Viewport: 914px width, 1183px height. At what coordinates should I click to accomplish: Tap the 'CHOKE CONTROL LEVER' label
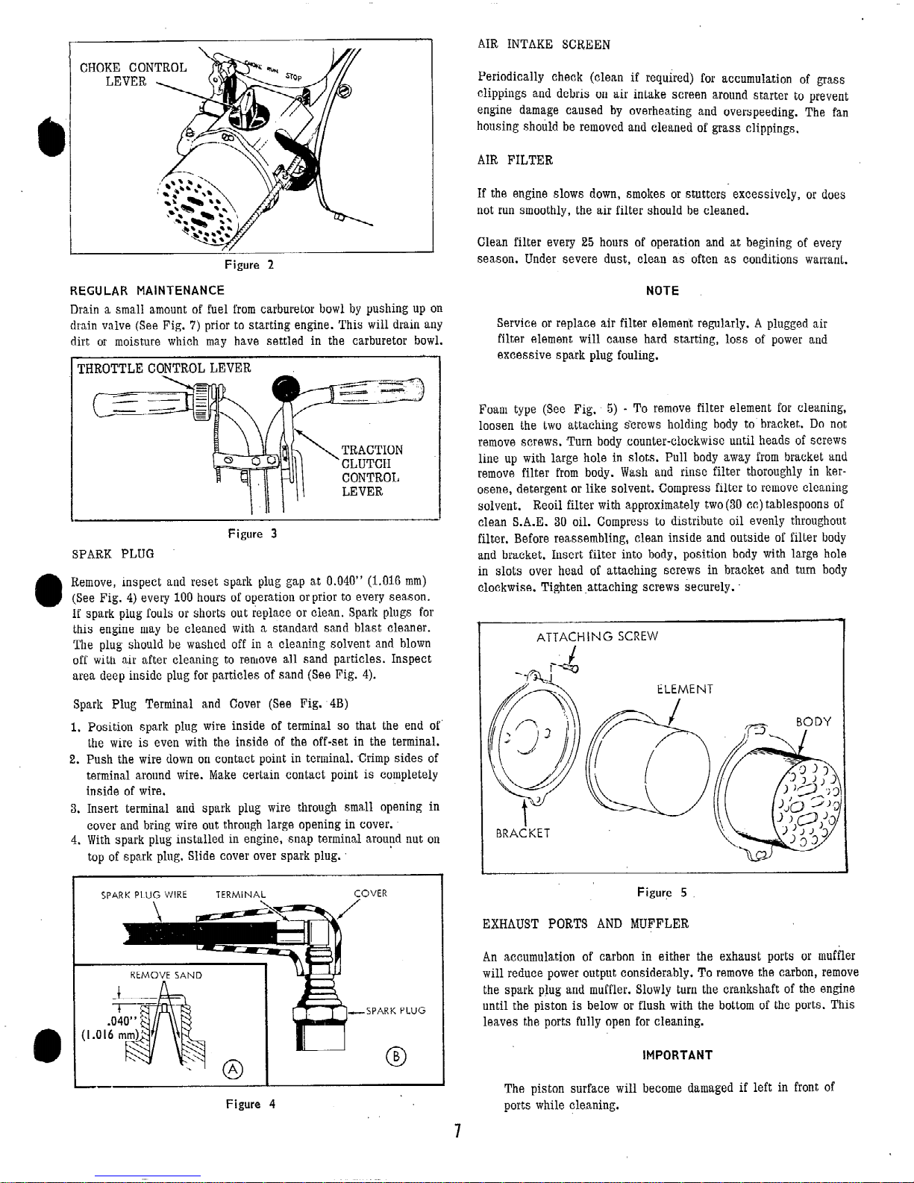[x=134, y=75]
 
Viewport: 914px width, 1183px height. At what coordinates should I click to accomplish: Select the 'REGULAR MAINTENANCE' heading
[x=147, y=290]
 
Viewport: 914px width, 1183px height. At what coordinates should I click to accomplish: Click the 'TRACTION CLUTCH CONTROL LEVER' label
[x=372, y=470]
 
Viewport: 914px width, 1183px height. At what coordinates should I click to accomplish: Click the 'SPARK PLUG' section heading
[x=113, y=554]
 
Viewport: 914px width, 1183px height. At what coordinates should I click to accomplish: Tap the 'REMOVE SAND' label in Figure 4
[x=166, y=975]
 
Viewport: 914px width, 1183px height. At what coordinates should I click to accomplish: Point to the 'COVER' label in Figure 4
[x=370, y=894]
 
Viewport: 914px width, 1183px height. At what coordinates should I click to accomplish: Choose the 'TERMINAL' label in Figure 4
[x=240, y=894]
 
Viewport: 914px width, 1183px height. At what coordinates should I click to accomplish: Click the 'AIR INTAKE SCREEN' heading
[x=543, y=44]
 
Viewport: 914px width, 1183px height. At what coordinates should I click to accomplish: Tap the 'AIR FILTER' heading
[x=515, y=160]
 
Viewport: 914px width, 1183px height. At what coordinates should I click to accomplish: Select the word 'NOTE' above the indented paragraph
[x=662, y=291]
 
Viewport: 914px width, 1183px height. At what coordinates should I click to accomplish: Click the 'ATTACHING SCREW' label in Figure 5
[x=597, y=637]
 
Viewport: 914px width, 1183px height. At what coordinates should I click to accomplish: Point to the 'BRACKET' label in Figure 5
[x=523, y=833]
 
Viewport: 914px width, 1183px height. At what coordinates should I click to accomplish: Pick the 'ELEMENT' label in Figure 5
[x=685, y=689]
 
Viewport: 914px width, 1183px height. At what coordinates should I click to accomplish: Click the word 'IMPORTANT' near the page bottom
[x=677, y=1055]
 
